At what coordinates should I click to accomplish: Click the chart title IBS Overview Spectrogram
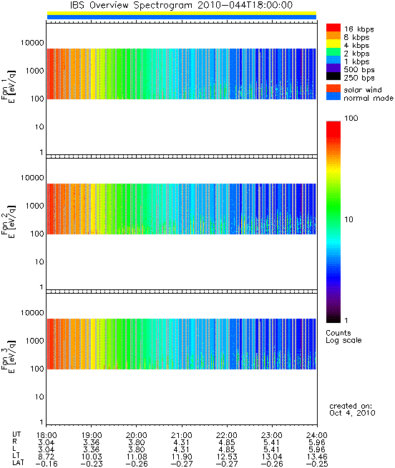point(131,6)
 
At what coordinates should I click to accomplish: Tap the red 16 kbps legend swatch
point(333,27)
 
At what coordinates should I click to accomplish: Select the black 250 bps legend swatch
point(333,76)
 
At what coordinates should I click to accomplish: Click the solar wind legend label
point(362,90)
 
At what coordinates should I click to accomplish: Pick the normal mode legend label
point(369,98)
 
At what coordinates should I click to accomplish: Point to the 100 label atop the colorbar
point(351,118)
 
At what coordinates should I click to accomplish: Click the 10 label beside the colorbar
point(348,219)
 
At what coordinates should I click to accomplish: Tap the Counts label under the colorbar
point(338,333)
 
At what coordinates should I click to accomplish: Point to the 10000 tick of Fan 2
point(32,178)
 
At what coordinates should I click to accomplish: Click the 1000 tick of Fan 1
point(34,71)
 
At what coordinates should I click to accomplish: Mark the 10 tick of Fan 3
point(39,397)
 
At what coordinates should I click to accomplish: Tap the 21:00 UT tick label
point(182,435)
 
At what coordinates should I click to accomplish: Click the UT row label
point(16,434)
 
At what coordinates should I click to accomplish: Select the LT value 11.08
point(137,457)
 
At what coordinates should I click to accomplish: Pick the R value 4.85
point(227,442)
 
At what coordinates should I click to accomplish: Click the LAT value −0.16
point(47,464)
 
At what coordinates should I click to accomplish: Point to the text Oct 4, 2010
point(352,413)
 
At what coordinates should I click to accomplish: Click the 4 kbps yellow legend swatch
point(333,44)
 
